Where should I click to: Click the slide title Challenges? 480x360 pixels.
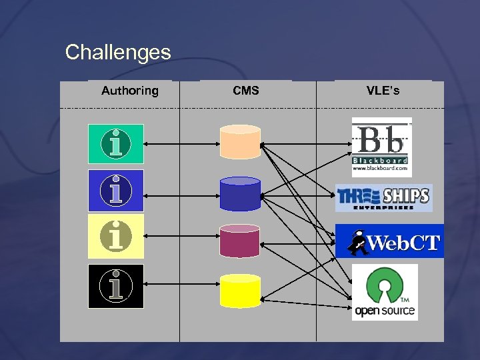point(118,52)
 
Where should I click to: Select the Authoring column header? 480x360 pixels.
point(130,91)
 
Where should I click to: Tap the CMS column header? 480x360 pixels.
point(246,91)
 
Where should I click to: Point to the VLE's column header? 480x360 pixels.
point(383,91)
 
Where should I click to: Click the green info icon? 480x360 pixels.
point(116,143)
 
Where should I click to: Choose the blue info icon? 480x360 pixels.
point(116,191)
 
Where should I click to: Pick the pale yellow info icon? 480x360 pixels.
point(116,236)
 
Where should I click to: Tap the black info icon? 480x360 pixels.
point(116,286)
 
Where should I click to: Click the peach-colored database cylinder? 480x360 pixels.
point(240,141)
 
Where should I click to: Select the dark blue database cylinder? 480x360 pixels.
point(240,193)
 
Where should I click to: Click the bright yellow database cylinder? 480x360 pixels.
point(240,291)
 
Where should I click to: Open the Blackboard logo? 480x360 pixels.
point(381,147)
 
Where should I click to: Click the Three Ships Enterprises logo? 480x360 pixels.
point(383,198)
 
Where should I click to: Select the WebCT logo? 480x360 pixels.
point(389,241)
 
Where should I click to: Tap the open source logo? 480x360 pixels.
point(385,292)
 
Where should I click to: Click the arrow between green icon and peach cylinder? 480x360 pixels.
point(181,143)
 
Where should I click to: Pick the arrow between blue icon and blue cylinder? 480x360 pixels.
point(181,195)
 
